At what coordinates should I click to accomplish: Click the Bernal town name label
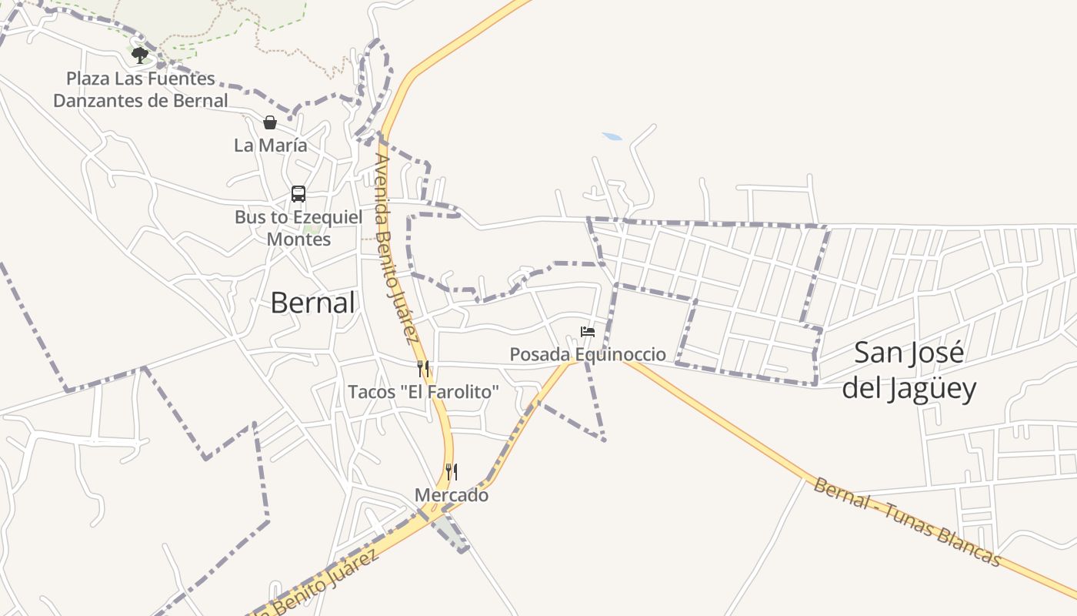(x=312, y=303)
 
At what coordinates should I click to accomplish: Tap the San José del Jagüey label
(x=909, y=370)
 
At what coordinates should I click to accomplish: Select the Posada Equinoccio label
(x=588, y=354)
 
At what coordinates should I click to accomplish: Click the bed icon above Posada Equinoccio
(x=588, y=332)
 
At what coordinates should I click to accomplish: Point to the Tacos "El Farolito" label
(x=423, y=392)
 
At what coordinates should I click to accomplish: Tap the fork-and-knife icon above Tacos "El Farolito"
(x=422, y=368)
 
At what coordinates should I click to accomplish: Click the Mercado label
(x=452, y=495)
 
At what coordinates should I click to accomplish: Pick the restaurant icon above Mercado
(x=452, y=471)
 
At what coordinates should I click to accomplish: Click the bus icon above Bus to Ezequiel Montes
(x=298, y=194)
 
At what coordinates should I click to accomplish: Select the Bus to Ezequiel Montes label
(x=298, y=228)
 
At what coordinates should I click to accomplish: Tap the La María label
(x=270, y=145)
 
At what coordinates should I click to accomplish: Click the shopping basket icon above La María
(x=270, y=122)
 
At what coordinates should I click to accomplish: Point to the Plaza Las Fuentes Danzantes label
(x=141, y=89)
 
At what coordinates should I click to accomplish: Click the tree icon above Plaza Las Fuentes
(x=139, y=54)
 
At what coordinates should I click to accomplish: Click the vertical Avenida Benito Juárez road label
(x=395, y=248)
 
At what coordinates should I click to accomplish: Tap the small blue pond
(x=612, y=137)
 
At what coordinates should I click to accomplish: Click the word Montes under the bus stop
(x=298, y=239)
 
